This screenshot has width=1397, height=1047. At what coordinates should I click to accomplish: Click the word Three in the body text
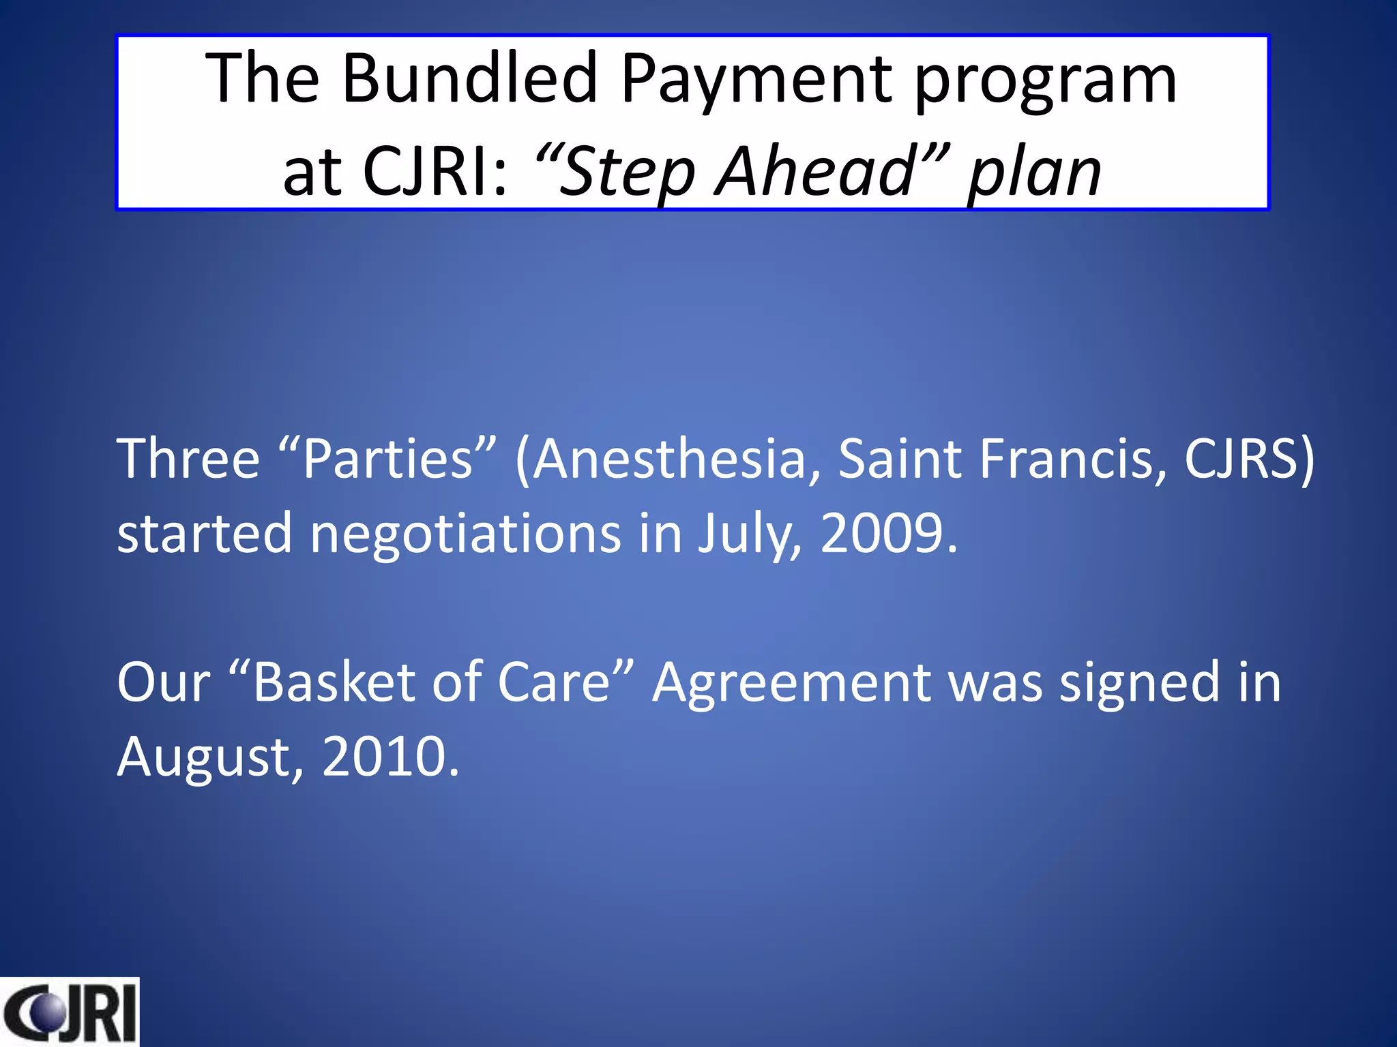click(188, 458)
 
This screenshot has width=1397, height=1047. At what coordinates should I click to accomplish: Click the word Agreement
click(791, 683)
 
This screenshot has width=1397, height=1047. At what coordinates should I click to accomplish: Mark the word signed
click(1139, 683)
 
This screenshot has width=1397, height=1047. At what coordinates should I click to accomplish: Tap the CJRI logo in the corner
click(70, 1012)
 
